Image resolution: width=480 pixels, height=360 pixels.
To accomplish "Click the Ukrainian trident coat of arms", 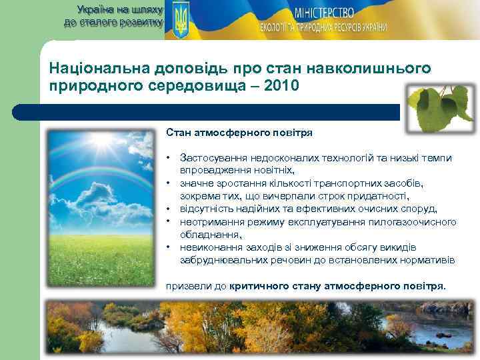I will coord(180,19).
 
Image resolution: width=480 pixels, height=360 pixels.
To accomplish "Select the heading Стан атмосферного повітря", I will coord(239,133).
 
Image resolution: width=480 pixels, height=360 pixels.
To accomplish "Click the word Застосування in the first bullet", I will coord(212,158).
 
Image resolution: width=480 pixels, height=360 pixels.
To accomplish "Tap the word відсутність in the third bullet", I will coord(204,208).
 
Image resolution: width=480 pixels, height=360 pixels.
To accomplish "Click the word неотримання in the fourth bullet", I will coord(209,221).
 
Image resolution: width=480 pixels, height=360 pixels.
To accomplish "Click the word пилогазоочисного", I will coord(415,221).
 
